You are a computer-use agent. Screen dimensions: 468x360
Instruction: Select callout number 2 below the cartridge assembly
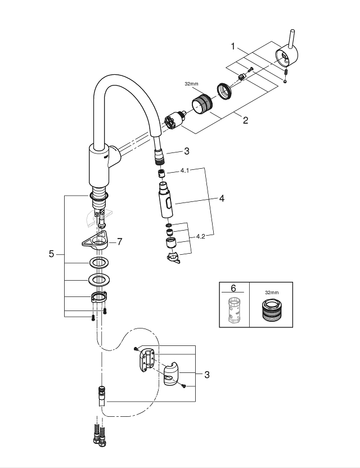click(x=245, y=120)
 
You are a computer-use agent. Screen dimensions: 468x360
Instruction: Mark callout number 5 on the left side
click(x=51, y=254)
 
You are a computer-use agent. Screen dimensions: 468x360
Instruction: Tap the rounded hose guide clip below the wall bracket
click(x=172, y=374)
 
